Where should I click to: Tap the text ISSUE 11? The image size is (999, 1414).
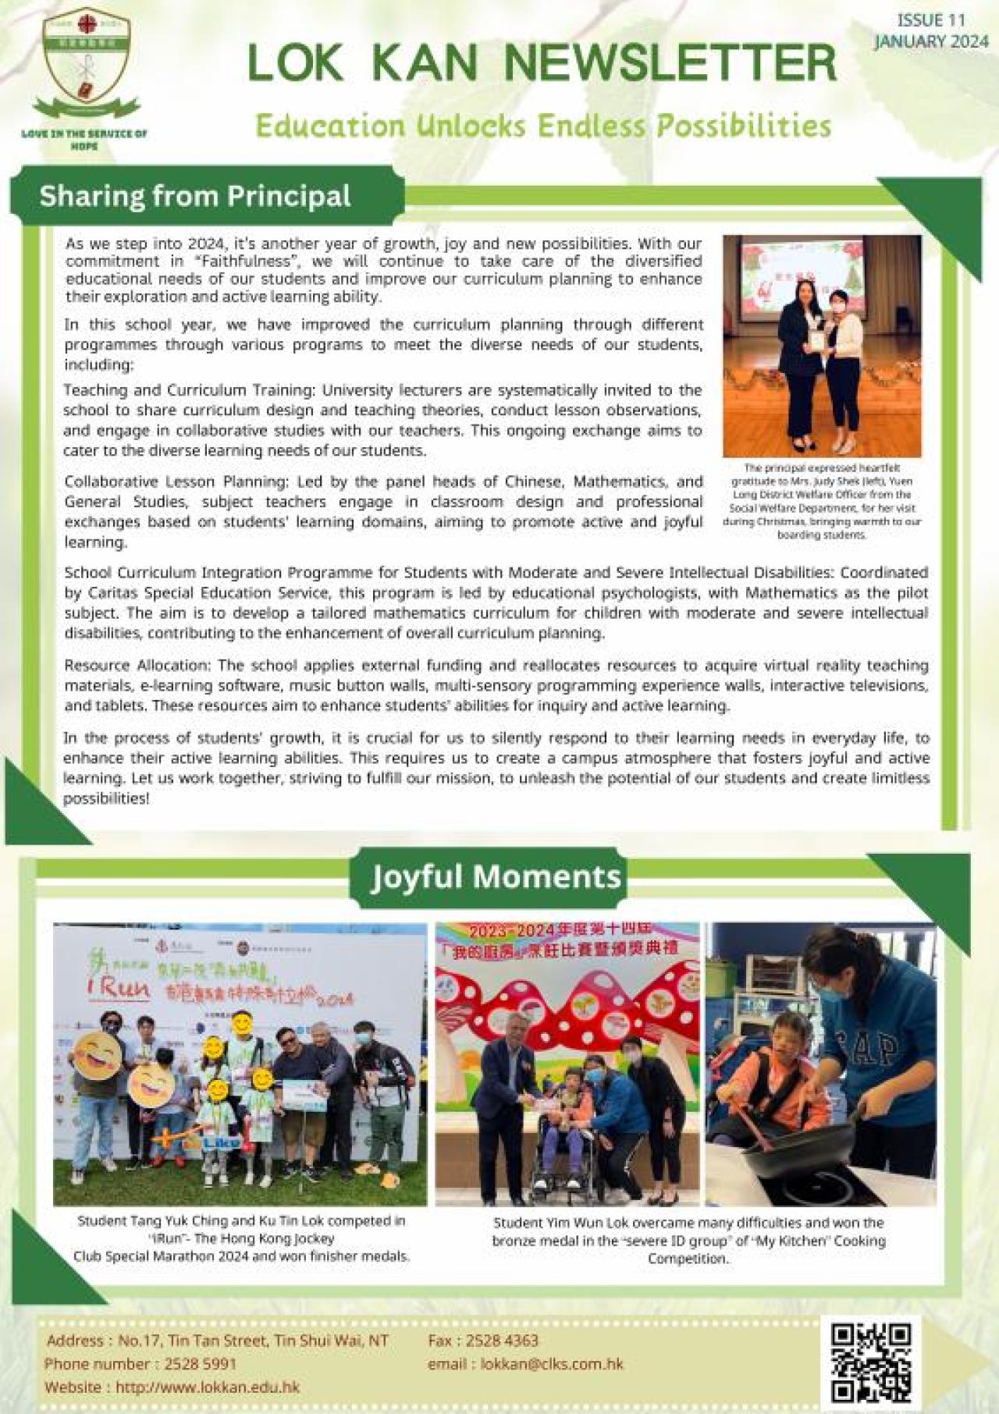[x=930, y=20]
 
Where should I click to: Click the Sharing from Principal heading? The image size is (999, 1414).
[x=195, y=196]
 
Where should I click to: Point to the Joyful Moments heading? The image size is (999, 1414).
[x=496, y=876]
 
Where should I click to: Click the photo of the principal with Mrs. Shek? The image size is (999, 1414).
[x=821, y=346]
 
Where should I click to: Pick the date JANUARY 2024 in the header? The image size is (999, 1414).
[x=930, y=42]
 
